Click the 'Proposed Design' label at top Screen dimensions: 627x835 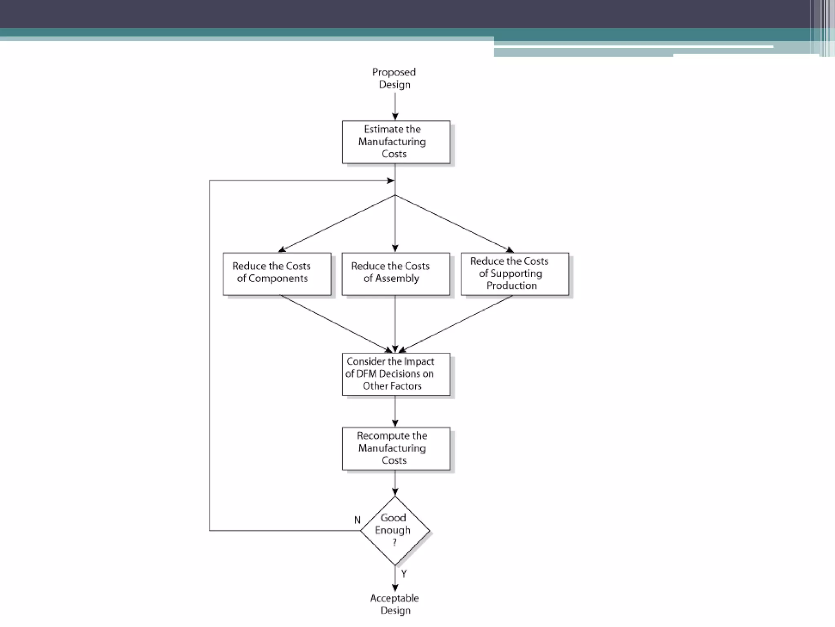coord(394,78)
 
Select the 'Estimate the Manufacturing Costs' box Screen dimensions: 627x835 coord(396,142)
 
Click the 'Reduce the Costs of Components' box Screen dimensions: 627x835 coord(277,273)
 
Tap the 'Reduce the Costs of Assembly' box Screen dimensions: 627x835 coord(395,273)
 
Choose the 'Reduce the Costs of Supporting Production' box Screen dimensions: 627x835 coord(515,273)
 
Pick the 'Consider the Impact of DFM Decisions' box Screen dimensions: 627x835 coord(396,374)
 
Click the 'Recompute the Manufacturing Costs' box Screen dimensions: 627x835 coord(396,448)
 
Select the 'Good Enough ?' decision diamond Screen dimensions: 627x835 coord(395,530)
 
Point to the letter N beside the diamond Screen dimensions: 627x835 coord(357,520)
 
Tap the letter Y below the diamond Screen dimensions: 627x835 coord(404,574)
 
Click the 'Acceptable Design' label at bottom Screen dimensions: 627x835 coord(395,604)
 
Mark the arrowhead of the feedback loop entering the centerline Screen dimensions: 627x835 coord(391,180)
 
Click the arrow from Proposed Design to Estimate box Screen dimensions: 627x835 coord(395,107)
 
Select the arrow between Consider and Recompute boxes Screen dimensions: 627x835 coord(395,411)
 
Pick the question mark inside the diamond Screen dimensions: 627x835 coord(394,543)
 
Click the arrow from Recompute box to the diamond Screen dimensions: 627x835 coord(395,483)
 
